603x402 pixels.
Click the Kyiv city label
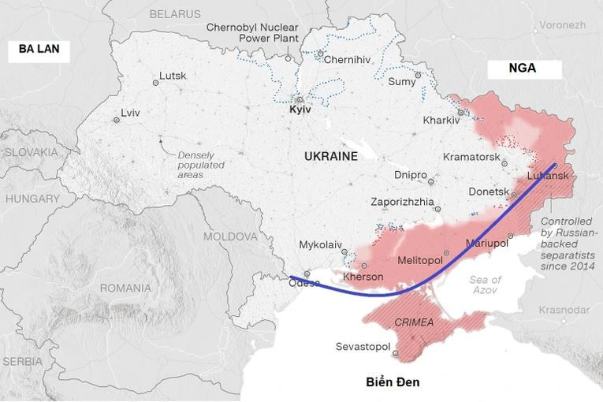[300, 110]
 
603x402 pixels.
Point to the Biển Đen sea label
[393, 382]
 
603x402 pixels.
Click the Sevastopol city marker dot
[396, 352]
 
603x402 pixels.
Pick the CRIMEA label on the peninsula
[413, 322]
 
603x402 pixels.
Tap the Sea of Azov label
[485, 285]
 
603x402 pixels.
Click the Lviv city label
[131, 113]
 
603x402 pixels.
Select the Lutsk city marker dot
[155, 81]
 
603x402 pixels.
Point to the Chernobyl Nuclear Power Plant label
[245, 32]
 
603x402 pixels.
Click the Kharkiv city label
[441, 120]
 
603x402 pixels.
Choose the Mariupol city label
[488, 242]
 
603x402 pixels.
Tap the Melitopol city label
[419, 260]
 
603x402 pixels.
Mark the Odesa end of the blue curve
[291, 277]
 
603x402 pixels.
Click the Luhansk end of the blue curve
[555, 166]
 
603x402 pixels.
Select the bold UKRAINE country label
[331, 156]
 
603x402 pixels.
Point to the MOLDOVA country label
[230, 236]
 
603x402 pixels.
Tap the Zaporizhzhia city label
[402, 202]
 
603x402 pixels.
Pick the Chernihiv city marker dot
[321, 54]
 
